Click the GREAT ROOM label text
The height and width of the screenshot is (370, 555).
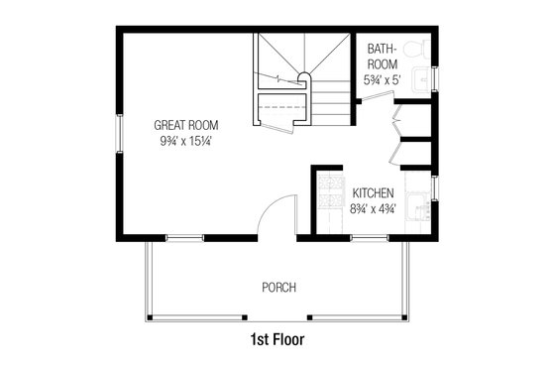point(186,126)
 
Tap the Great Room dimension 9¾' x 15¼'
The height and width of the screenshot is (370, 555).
point(186,142)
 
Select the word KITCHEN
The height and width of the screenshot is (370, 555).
point(374,192)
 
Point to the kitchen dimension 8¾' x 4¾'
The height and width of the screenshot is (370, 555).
point(374,208)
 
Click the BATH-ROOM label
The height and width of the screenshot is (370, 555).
point(383,56)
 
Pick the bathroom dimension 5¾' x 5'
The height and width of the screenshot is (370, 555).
point(383,79)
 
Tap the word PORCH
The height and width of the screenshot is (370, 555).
point(278,288)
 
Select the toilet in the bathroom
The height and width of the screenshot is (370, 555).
point(420,49)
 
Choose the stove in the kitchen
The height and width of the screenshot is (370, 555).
point(328,199)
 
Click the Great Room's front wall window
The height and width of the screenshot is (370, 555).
point(184,238)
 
